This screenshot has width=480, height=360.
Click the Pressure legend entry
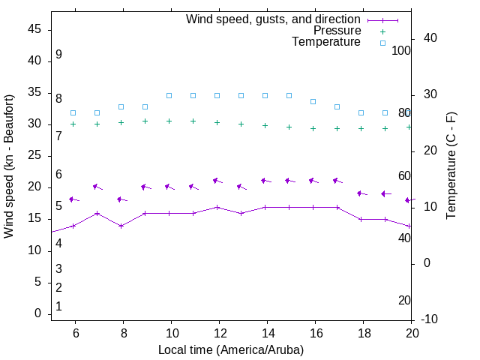[337, 31]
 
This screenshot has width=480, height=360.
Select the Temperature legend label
[326, 42]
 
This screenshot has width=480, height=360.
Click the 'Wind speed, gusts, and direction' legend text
[274, 19]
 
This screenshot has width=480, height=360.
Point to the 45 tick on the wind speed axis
[34, 29]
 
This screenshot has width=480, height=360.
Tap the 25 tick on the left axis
[34, 156]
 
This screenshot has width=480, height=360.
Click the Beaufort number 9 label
[58, 55]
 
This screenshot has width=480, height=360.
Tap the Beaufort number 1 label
[58, 307]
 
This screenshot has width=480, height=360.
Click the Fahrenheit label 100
[401, 50]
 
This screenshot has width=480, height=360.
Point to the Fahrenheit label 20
[404, 300]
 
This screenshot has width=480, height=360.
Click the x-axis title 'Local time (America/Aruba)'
[231, 349]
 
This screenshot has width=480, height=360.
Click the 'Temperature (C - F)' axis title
[451, 166]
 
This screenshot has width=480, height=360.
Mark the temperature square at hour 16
[313, 101]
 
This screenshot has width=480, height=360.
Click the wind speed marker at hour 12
[217, 207]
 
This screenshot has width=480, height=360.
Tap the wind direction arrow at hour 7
[97, 187]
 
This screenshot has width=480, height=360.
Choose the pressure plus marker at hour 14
[265, 125]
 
